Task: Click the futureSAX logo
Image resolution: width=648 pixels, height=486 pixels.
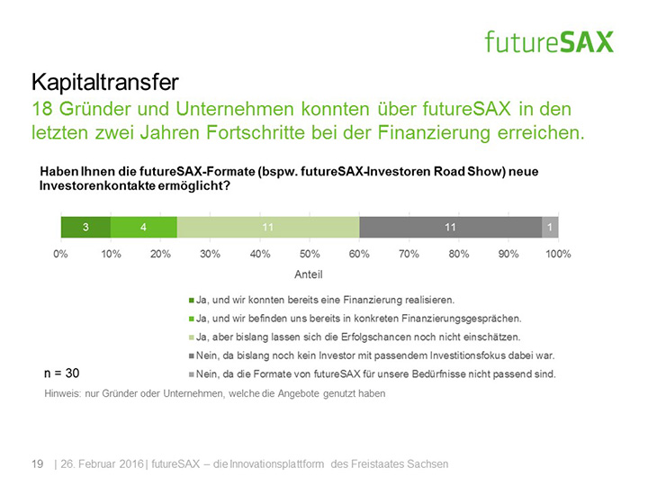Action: click(x=549, y=40)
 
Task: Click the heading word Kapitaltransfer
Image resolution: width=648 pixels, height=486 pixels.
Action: click(x=104, y=82)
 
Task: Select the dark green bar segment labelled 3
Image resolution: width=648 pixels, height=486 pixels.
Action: click(x=85, y=228)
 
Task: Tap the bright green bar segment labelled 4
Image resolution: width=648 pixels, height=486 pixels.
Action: click(x=144, y=228)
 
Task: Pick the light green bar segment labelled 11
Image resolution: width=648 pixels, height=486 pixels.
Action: click(x=268, y=228)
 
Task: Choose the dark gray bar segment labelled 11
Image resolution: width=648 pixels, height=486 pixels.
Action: click(x=450, y=228)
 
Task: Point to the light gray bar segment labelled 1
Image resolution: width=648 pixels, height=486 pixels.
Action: click(x=550, y=228)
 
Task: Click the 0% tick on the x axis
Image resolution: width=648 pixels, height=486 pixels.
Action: click(x=61, y=255)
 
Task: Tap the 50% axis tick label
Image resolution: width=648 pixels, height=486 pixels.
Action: click(x=310, y=255)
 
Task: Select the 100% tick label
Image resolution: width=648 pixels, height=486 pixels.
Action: click(x=558, y=255)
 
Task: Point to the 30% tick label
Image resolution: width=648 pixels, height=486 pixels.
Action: click(x=211, y=255)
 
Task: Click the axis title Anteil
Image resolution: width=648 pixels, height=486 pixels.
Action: click(x=309, y=274)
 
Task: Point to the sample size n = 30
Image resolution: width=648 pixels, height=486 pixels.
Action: click(x=67, y=372)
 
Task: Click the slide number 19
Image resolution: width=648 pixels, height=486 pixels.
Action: click(x=38, y=463)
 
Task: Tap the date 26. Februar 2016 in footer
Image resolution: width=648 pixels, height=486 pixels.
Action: click(x=101, y=463)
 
